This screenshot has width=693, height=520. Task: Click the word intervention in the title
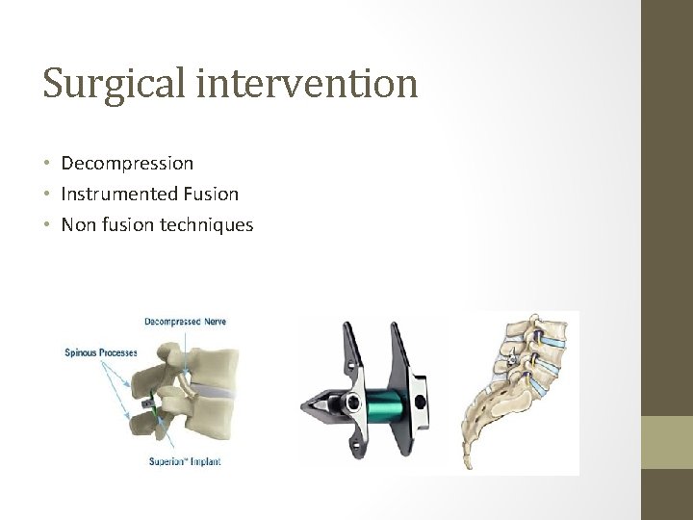tap(307, 83)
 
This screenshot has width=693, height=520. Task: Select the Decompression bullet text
tap(127, 164)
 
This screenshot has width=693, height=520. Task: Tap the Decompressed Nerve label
tap(186, 321)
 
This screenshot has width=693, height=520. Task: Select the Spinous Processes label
tap(100, 352)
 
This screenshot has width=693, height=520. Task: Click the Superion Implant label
tap(185, 461)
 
